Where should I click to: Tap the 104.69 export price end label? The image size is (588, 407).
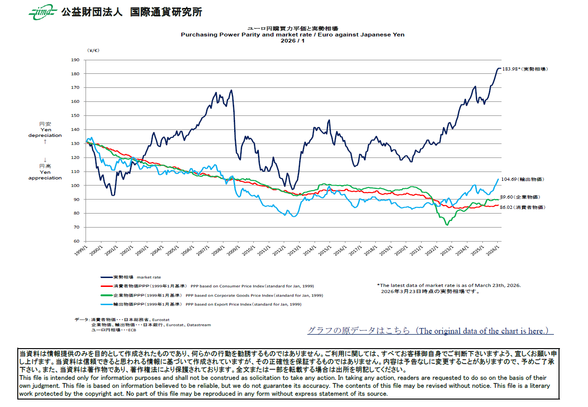pos(523,179)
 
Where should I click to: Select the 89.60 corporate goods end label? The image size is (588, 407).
pos(523,198)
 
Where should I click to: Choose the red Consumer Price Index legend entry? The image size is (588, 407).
pos(206,286)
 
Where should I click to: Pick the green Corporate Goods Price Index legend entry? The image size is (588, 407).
pos(210,295)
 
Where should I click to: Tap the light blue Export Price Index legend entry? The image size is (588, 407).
pos(201,304)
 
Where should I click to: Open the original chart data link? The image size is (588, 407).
pos(430,331)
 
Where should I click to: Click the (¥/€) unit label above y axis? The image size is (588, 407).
pos(93,50)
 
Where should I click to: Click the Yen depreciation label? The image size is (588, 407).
pos(45,132)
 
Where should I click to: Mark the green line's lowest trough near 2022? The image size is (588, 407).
pos(447,225)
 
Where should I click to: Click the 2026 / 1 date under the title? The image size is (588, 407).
pos(293,41)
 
